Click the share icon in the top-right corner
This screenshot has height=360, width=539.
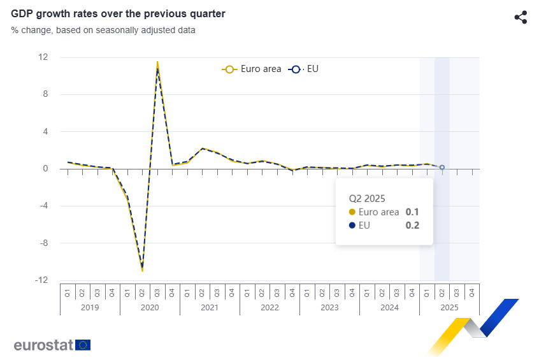(x=521, y=17)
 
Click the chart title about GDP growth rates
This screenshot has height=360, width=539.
(x=118, y=13)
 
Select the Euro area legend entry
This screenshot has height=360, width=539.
(x=252, y=69)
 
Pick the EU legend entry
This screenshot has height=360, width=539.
(x=304, y=69)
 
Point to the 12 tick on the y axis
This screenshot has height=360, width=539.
(x=43, y=57)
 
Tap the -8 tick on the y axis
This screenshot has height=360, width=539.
(x=43, y=243)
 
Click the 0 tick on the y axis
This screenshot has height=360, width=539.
(x=45, y=169)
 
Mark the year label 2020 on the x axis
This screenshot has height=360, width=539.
(x=150, y=307)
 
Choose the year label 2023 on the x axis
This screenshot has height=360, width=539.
(x=329, y=307)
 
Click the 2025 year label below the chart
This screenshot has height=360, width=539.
(x=449, y=307)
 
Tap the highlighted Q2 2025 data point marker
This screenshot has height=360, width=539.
(x=442, y=168)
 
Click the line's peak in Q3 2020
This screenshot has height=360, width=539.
(x=157, y=63)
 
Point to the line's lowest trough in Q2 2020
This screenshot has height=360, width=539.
(x=142, y=270)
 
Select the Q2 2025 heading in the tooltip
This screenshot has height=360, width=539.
(x=367, y=198)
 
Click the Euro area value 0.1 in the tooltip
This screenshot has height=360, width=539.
(x=412, y=212)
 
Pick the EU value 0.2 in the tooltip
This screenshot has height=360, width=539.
(x=412, y=225)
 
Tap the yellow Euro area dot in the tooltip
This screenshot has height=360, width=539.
(x=352, y=212)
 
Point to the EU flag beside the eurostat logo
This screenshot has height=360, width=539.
(x=83, y=345)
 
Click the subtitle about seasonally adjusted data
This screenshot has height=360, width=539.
(x=103, y=30)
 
